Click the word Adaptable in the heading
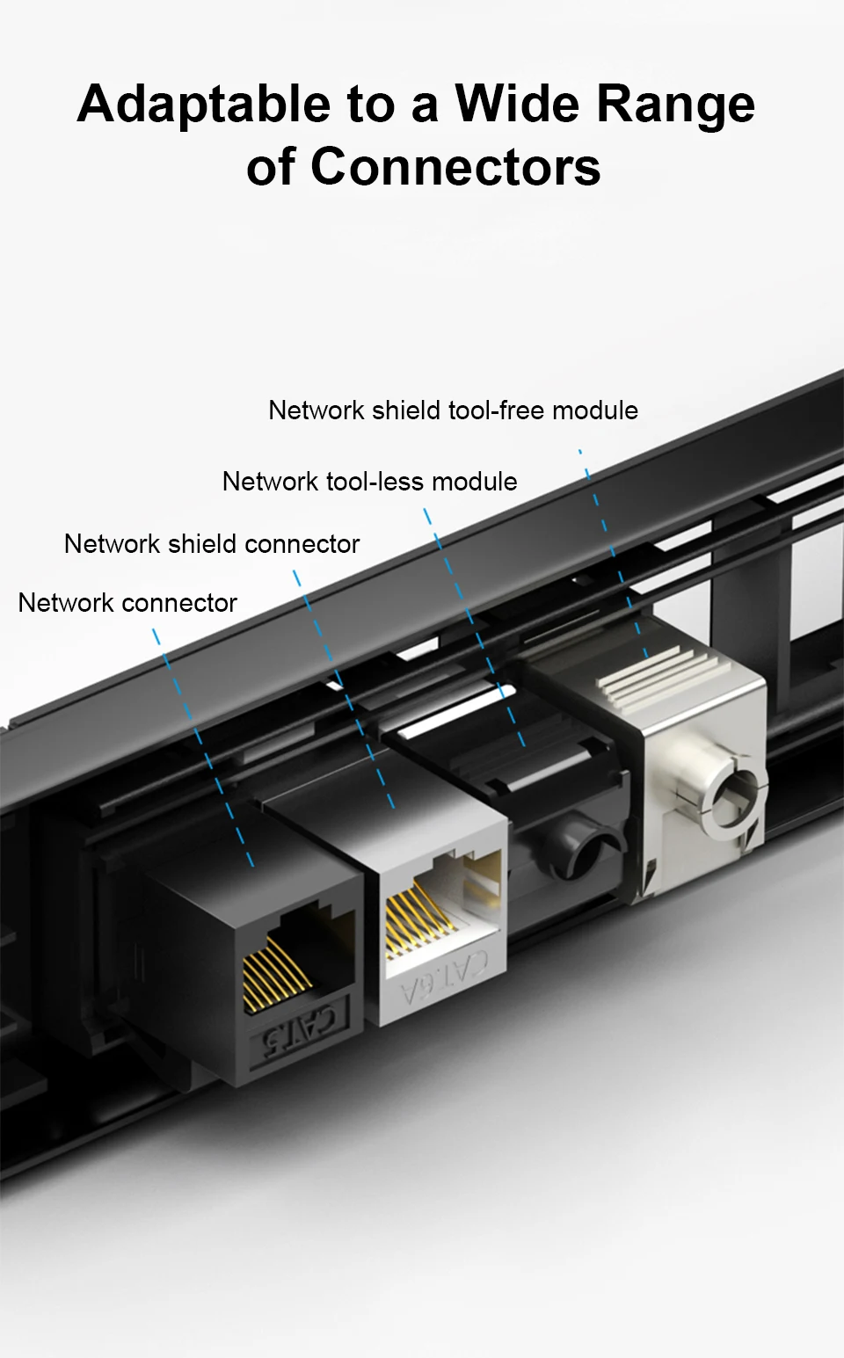[x=204, y=105]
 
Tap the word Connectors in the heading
[x=455, y=166]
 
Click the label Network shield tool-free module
[x=453, y=410]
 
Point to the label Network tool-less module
[x=369, y=482]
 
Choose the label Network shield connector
[x=212, y=544]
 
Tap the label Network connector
[x=127, y=603]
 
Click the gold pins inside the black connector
[x=273, y=971]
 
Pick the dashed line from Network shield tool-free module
[x=613, y=554]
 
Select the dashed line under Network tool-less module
[x=475, y=628]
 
